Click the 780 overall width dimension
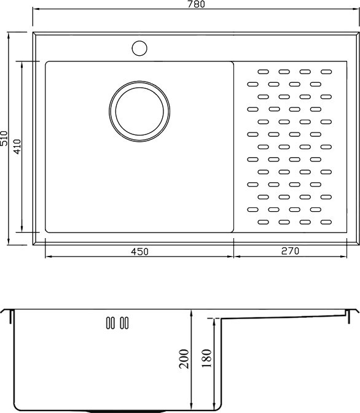196,4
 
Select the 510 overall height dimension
4,138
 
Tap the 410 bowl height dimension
17,147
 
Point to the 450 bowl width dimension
139,252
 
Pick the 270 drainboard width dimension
290,251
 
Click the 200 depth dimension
184,358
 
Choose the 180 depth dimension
206,358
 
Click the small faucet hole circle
139,48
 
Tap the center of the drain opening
139,112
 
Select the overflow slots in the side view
117,323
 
